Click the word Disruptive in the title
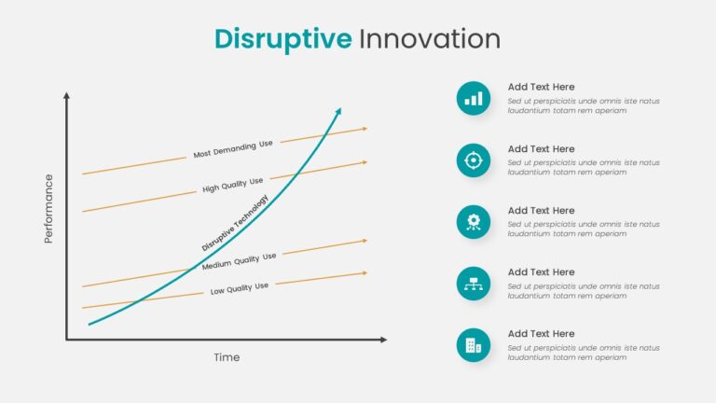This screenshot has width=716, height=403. pos(283,40)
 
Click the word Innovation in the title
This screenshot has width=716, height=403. pos(430,39)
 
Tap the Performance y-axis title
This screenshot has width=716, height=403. pos(48,209)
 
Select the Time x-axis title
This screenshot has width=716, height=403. pos(227,357)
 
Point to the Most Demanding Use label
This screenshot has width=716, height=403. pos(233,149)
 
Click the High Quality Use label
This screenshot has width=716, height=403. pos(232,185)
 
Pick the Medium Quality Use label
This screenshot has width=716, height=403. pos(239,261)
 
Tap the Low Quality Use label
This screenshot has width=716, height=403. pos(240,288)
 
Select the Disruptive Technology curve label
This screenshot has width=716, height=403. pos(235,223)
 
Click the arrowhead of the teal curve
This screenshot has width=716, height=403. pos(338,111)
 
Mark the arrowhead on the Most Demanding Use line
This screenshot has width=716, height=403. pos(365,129)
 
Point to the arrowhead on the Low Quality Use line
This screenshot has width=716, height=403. pos(365,273)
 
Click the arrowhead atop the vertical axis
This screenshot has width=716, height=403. pos(67,95)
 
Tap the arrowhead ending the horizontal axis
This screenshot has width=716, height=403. pos(383,340)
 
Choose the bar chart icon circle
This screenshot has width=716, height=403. pos(474,99)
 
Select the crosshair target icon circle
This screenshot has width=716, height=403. pos(474,160)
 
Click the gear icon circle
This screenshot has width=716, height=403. pos(474,222)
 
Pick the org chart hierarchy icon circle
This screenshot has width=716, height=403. pos(474,284)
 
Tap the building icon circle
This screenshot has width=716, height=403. pos(474,345)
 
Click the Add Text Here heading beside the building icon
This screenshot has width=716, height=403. pos(541,334)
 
